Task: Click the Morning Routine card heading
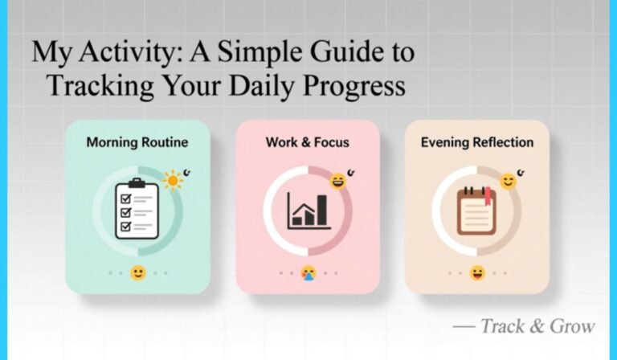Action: (x=137, y=143)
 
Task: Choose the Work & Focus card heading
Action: (x=307, y=143)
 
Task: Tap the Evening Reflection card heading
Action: (x=476, y=143)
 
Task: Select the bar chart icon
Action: (x=308, y=211)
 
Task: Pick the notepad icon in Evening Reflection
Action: (x=476, y=211)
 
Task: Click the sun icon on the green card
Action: (x=172, y=180)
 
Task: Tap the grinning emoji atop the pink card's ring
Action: (x=339, y=180)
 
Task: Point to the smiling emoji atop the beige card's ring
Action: (x=508, y=181)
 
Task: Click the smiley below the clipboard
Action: (x=138, y=272)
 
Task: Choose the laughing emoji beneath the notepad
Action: (x=477, y=272)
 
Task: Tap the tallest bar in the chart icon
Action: (x=321, y=209)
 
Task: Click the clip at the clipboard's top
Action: (x=136, y=184)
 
